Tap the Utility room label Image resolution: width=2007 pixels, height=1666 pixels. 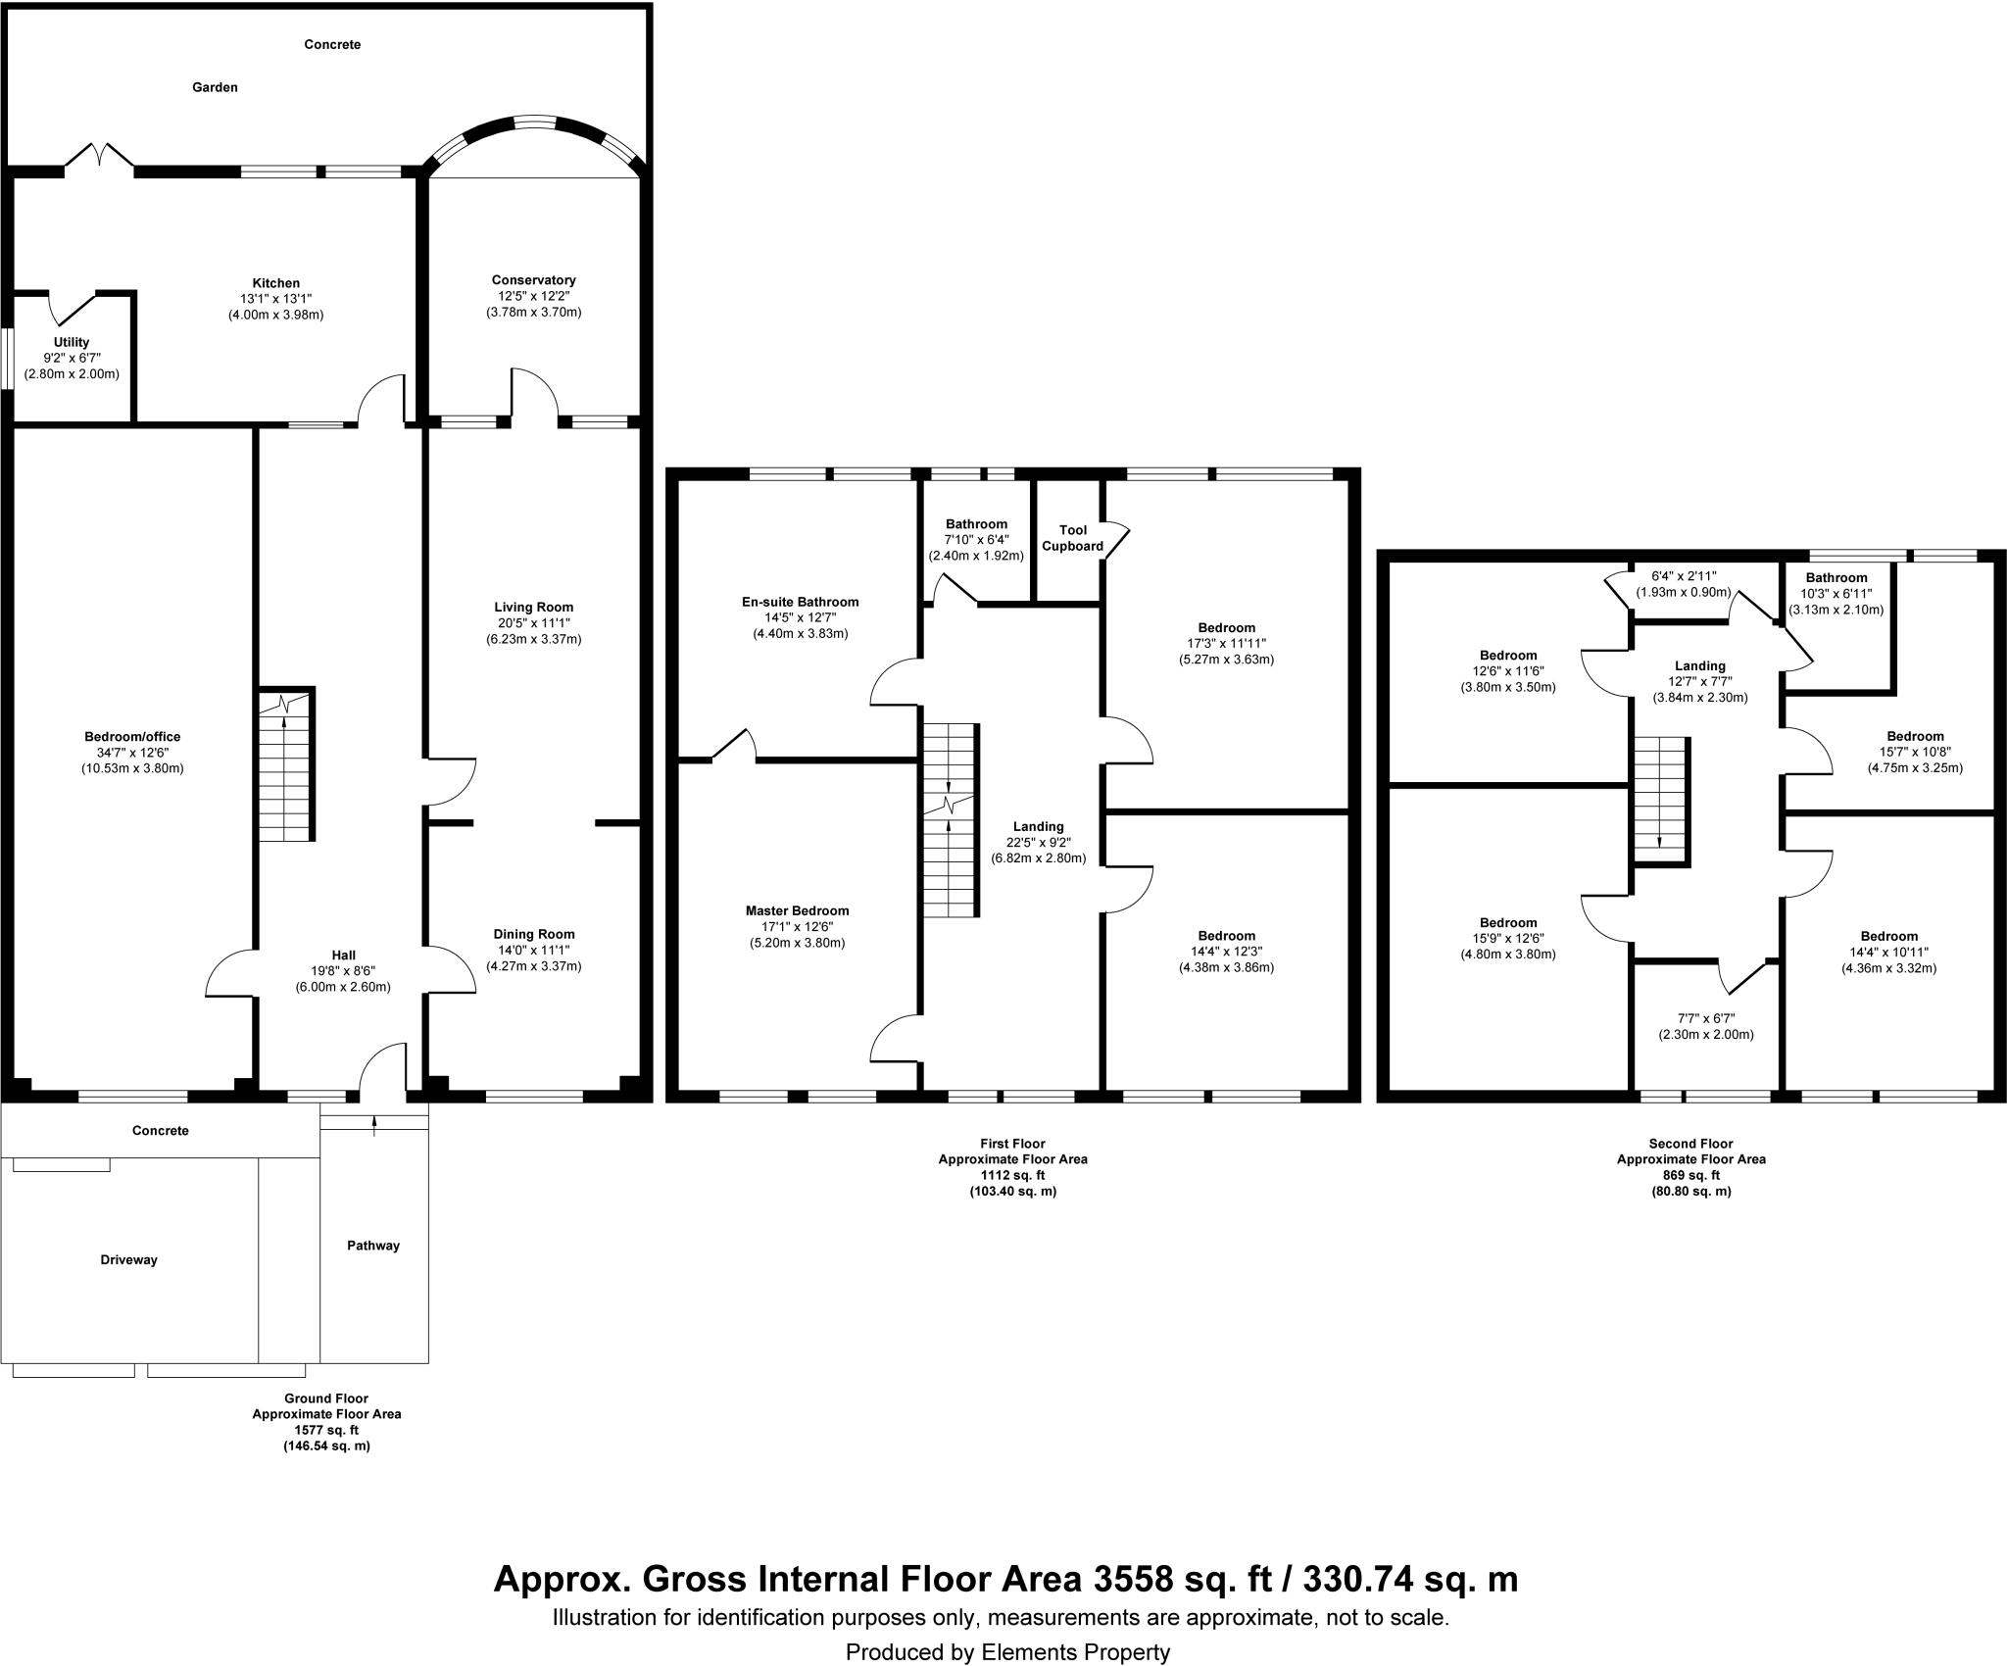click(72, 342)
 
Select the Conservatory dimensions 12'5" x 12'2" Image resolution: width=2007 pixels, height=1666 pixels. click(534, 296)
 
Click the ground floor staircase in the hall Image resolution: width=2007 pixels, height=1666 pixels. click(285, 764)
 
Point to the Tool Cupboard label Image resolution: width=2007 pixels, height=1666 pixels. click(1072, 538)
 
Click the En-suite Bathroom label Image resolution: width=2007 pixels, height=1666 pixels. click(800, 602)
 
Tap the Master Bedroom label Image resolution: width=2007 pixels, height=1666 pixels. click(797, 910)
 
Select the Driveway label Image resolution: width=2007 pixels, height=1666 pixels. click(129, 1259)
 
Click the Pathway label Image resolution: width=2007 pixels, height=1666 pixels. click(373, 1246)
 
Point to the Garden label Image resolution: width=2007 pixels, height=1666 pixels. click(215, 87)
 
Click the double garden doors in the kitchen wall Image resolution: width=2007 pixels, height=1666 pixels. click(99, 158)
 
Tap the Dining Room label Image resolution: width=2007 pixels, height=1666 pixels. click(534, 934)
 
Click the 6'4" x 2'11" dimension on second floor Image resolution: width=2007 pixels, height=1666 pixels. click(1684, 576)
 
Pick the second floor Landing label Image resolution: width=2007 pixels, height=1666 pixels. click(1699, 665)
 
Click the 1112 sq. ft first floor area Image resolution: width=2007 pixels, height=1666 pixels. click(1012, 1175)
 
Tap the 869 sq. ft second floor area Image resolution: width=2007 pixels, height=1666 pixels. click(1690, 1175)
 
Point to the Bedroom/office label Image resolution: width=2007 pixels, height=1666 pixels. click(132, 737)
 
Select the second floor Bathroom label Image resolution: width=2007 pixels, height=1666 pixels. click(1836, 577)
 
